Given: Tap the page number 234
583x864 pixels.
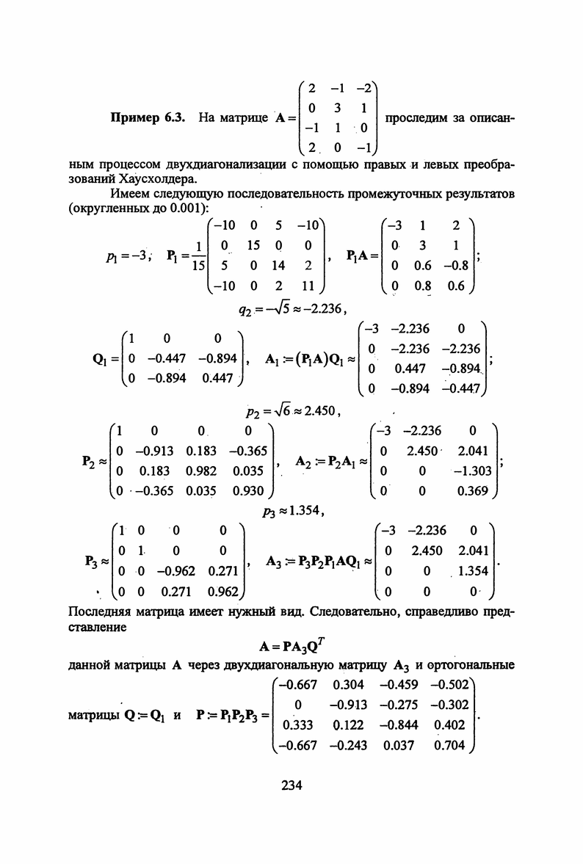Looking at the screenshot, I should coord(291,785).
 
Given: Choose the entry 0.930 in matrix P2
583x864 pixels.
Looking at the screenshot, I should coord(246,490).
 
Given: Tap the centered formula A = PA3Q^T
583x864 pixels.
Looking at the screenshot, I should coord(291,647).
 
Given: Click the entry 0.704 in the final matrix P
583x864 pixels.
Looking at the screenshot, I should coord(450,746).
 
